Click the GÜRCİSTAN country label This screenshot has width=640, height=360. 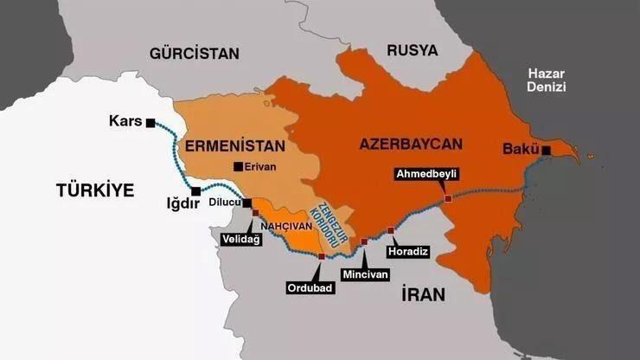(194, 54)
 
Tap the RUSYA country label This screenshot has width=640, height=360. (412, 50)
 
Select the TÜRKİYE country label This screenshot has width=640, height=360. (95, 190)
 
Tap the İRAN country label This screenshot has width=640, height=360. (424, 294)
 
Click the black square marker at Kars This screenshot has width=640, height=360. (151, 123)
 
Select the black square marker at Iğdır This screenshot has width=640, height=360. (196, 191)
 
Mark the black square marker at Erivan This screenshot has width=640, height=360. (238, 166)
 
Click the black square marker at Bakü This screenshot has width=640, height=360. (547, 151)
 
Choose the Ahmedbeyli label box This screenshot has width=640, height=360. (426, 174)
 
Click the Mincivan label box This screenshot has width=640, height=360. (366, 273)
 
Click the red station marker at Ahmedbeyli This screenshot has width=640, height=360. (448, 199)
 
